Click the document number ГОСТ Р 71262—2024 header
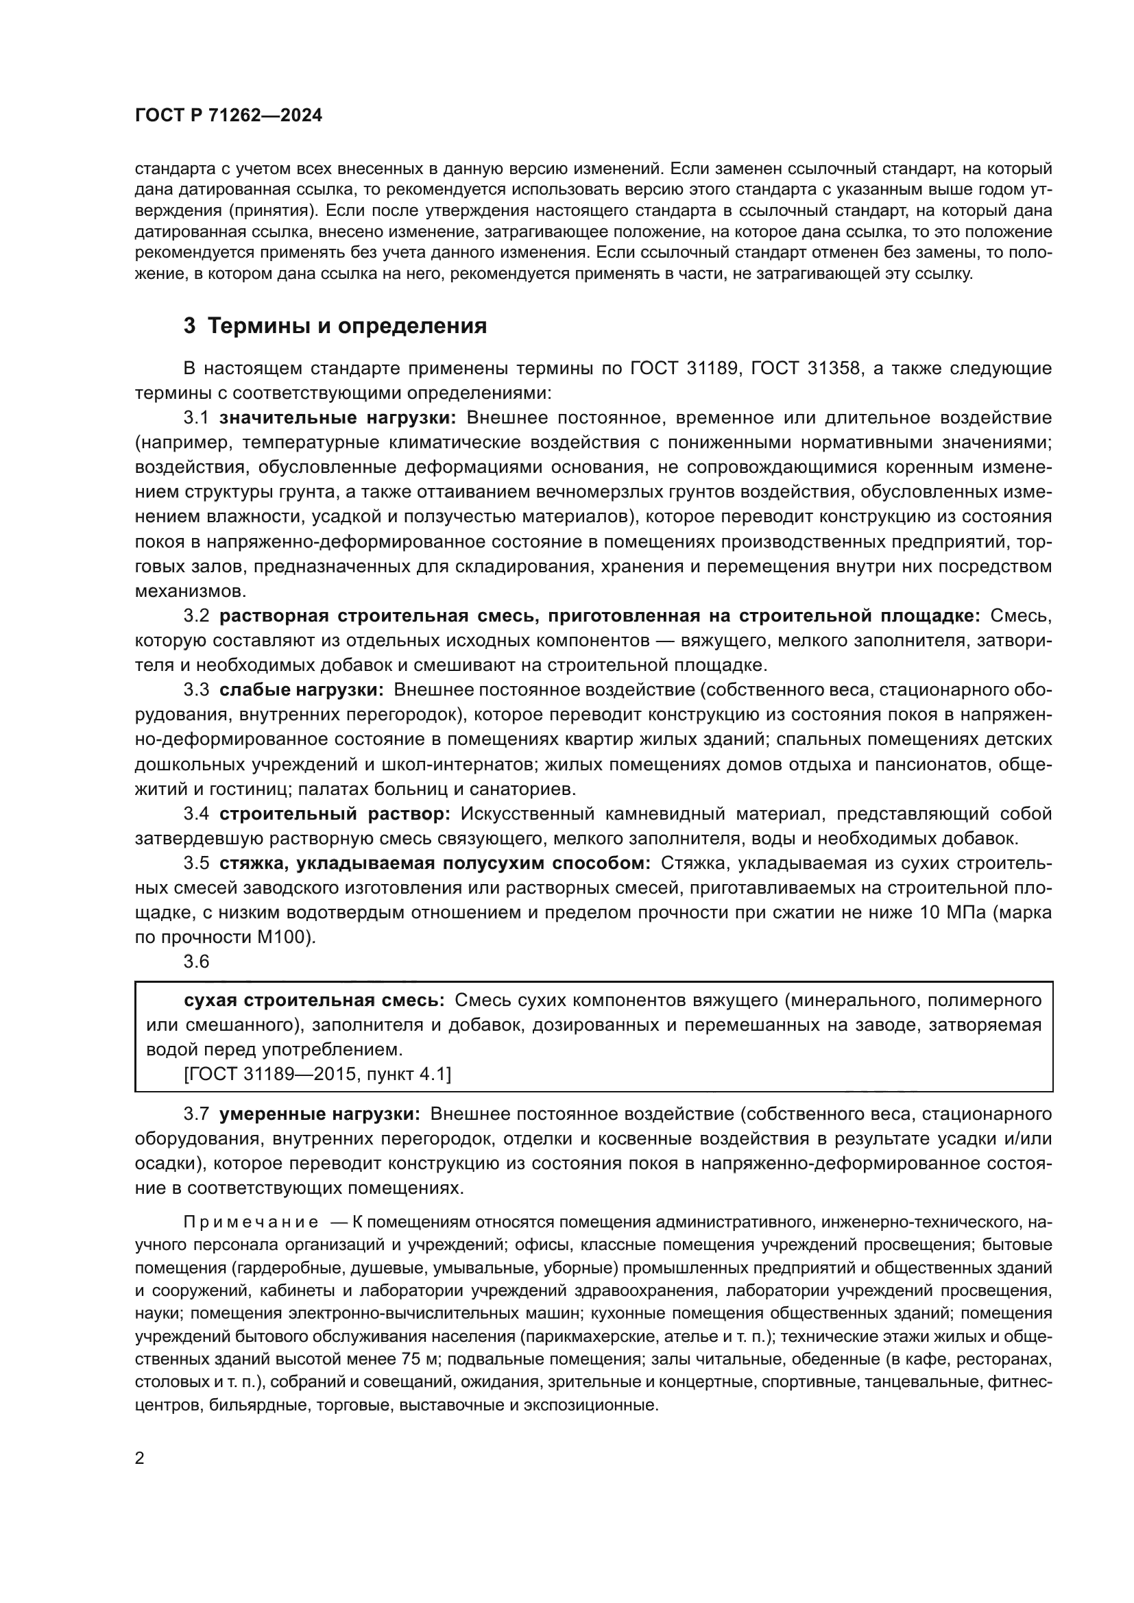(228, 116)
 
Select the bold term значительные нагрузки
(338, 418)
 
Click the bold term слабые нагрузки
(302, 691)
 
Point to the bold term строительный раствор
(335, 814)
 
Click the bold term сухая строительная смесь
(314, 1001)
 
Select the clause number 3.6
(196, 962)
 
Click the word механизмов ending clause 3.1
(190, 591)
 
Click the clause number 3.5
(196, 864)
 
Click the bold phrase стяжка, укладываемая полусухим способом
(434, 864)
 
